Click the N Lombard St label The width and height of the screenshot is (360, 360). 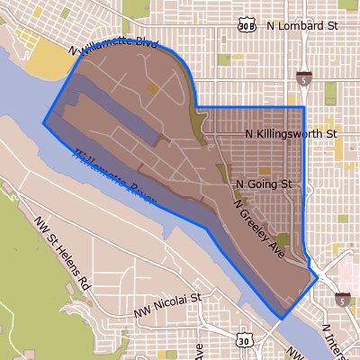301,26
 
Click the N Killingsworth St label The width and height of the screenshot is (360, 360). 291,134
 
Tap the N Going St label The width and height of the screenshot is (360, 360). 265,184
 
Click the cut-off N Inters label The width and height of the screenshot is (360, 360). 335,339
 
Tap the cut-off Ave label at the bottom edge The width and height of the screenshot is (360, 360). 199,351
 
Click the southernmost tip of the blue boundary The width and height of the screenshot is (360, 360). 281,319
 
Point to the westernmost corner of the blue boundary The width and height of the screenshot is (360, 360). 43,121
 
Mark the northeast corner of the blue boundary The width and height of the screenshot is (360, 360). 304,107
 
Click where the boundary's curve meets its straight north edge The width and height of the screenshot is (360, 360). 194,107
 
